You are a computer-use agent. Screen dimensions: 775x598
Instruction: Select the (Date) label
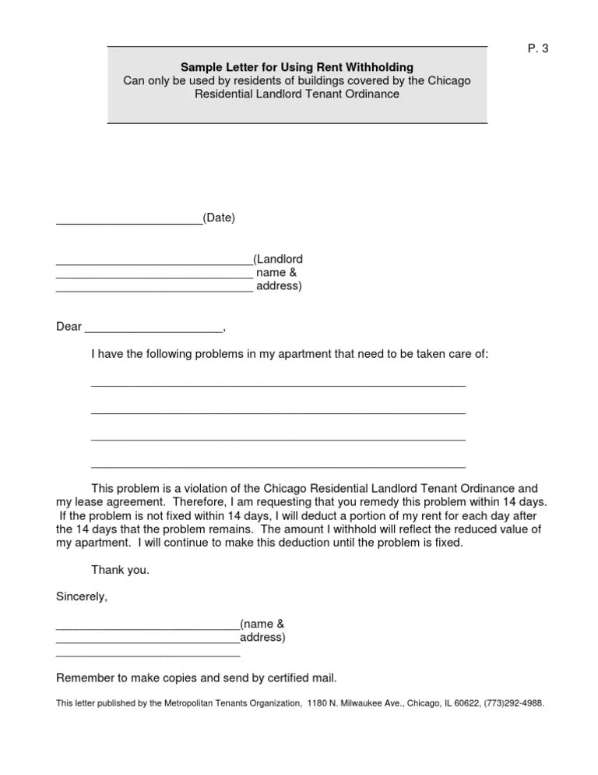219,218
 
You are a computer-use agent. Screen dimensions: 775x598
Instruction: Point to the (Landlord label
278,258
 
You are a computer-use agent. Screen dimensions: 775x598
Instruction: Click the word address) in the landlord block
279,286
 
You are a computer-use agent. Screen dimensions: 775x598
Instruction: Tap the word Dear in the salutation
69,327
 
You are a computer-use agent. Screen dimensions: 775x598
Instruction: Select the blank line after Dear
153,331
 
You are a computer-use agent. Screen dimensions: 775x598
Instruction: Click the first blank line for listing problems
278,384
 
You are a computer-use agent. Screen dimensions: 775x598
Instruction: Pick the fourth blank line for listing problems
278,466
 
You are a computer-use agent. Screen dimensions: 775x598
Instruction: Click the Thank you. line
120,570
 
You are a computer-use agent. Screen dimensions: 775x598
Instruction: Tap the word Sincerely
82,597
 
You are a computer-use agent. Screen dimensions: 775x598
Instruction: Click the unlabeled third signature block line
148,656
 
